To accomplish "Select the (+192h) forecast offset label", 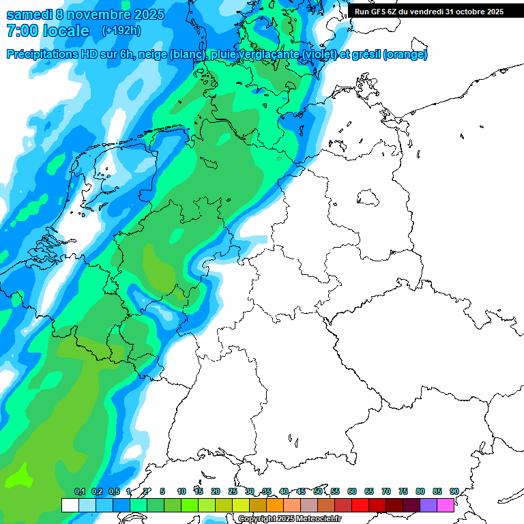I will (x=121, y=31).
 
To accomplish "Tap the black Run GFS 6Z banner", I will (x=429, y=11).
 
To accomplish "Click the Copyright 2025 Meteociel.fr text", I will (x=290, y=519).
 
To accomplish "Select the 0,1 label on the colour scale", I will (x=80, y=492).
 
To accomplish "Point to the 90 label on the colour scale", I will (x=454, y=492).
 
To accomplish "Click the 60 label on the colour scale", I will (x=352, y=492).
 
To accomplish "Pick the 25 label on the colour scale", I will (x=233, y=492).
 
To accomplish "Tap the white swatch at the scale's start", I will (x=70, y=505).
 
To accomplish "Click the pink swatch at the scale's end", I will (x=446, y=505).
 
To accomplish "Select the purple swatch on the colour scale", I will (x=428, y=505).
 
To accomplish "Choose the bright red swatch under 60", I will (x=360, y=505).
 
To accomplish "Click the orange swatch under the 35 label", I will (x=275, y=505).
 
